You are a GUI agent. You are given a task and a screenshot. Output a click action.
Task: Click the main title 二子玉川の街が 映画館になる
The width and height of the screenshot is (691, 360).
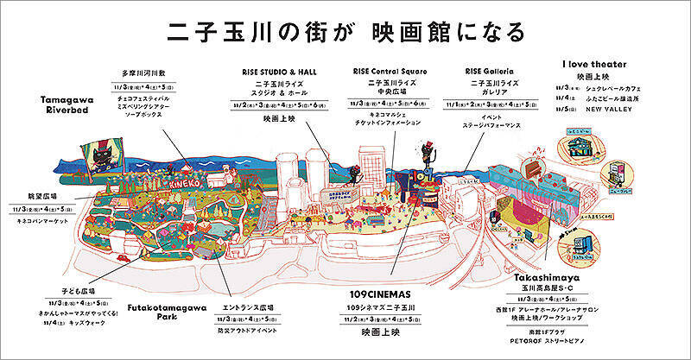[345, 30]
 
